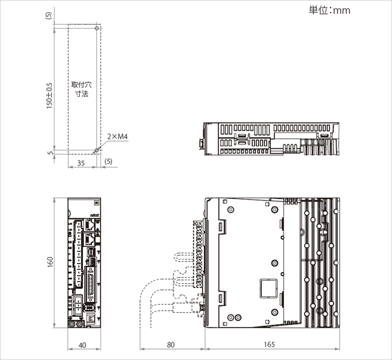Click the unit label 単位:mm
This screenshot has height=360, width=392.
point(329,10)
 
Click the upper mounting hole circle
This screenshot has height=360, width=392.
point(97,28)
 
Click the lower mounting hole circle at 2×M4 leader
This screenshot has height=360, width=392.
point(95,151)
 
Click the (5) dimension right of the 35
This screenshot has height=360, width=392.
point(108,162)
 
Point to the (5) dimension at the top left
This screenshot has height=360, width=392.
point(49,16)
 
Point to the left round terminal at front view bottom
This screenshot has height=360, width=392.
point(72,324)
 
